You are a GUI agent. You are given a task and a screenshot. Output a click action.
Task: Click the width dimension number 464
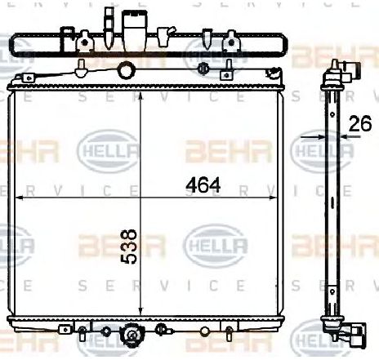[x=203, y=185]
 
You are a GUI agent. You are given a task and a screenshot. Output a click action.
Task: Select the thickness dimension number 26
[x=360, y=125]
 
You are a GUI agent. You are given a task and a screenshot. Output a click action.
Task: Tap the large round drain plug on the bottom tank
[x=132, y=336]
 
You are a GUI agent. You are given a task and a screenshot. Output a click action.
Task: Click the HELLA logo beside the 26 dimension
[x=311, y=150]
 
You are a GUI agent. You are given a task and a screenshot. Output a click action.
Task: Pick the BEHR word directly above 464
[x=214, y=151]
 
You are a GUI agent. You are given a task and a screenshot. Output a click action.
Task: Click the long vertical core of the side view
[x=333, y=204]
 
